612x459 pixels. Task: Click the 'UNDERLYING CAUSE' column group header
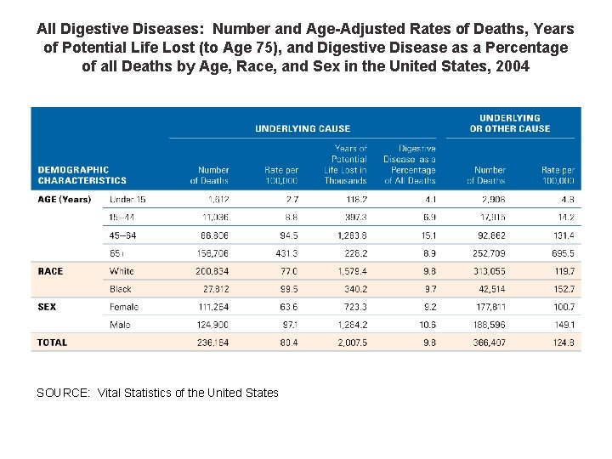click(303, 128)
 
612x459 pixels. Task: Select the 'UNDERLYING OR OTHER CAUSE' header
click(510, 123)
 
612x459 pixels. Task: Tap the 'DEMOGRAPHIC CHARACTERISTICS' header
click(82, 175)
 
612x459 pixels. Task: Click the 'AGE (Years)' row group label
click(64, 200)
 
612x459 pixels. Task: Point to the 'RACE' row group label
click(50, 271)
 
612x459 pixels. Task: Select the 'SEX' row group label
click(47, 307)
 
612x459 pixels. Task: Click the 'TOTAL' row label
click(52, 343)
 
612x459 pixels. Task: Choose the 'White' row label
click(122, 271)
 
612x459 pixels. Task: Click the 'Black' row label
click(121, 289)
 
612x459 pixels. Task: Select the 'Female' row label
click(124, 307)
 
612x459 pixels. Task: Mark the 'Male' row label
click(120, 325)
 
